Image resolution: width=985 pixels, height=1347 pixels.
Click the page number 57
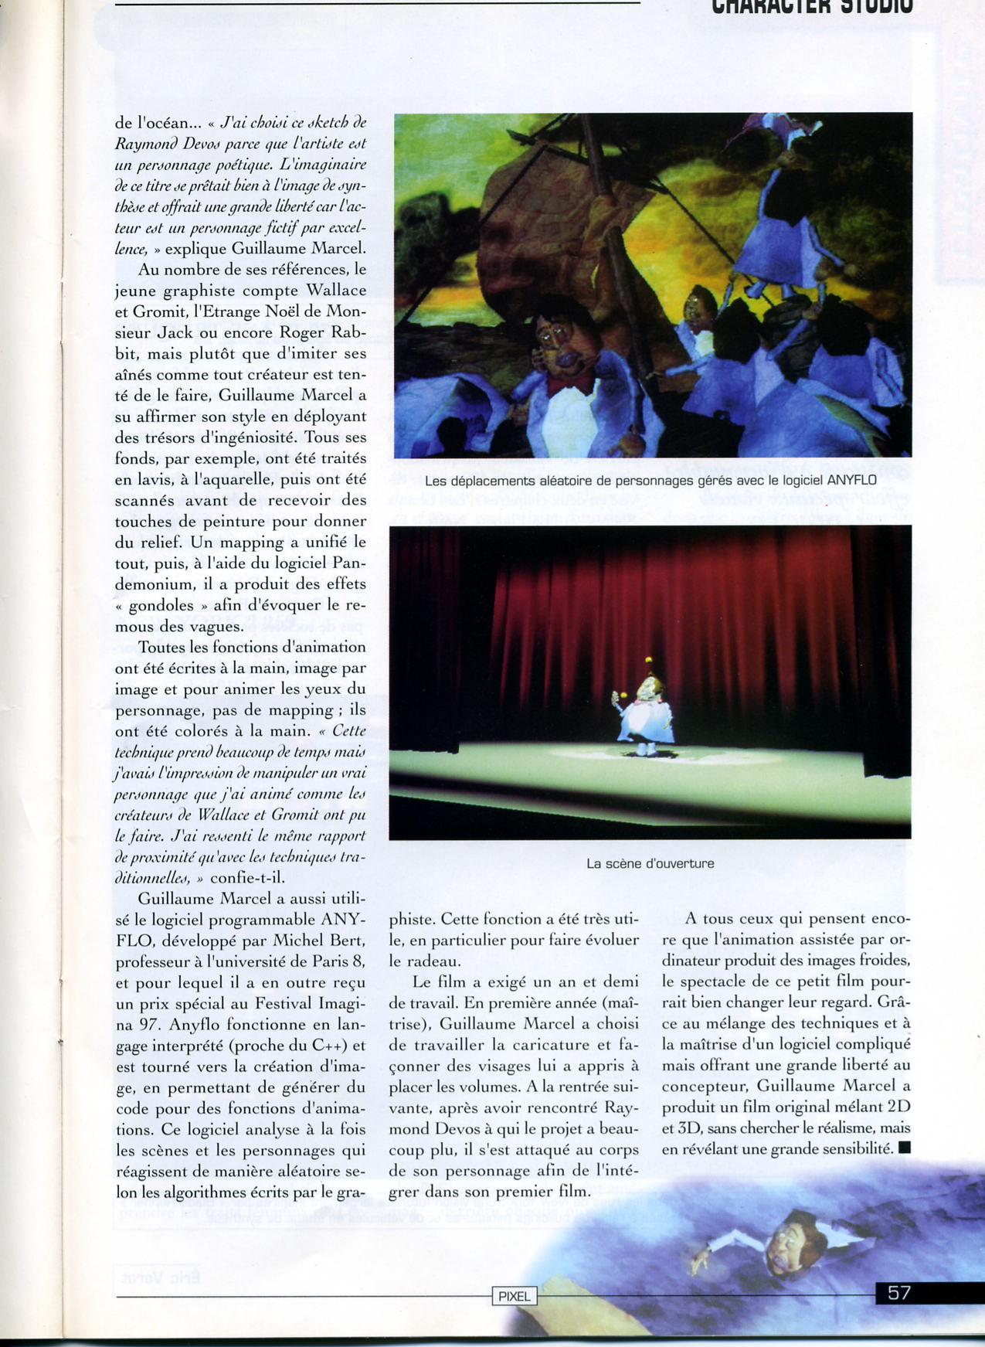pyautogui.click(x=898, y=1293)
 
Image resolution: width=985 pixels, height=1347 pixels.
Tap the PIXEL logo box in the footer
pyautogui.click(x=514, y=1296)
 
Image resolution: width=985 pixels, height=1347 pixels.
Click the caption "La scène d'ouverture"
pyautogui.click(x=650, y=863)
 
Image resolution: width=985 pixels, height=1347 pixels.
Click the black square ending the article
pyautogui.click(x=905, y=1148)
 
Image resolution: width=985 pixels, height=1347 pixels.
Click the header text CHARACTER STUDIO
pyautogui.click(x=812, y=6)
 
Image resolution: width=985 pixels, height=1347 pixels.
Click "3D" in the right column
pyautogui.click(x=674, y=1128)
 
